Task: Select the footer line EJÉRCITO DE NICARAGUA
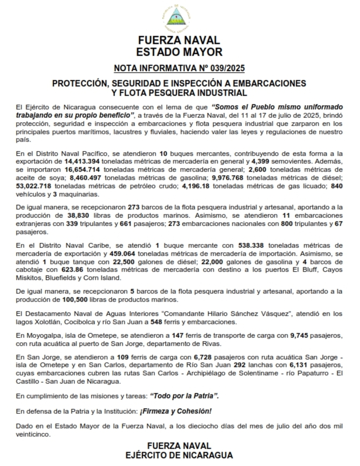point(179,455)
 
